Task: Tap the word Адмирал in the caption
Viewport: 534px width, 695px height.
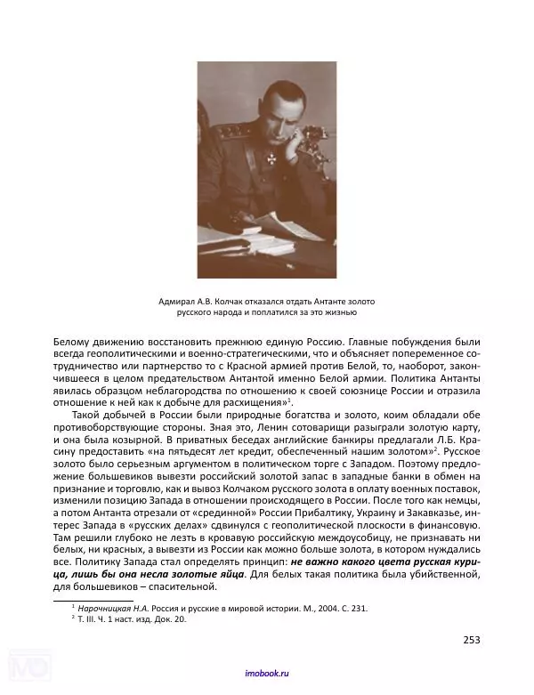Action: pyautogui.click(x=174, y=302)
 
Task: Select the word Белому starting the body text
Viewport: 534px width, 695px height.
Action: pyautogui.click(x=76, y=342)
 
